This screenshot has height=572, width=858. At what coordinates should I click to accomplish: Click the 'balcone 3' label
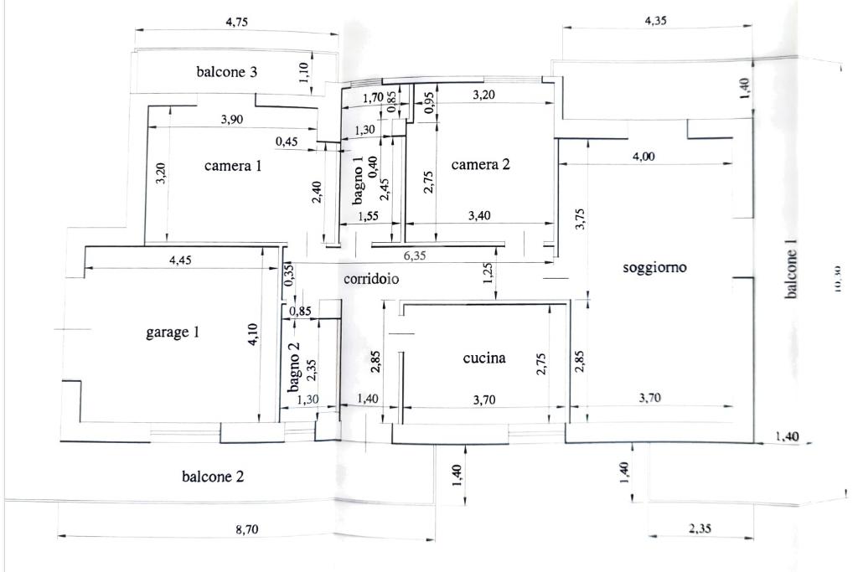(226, 72)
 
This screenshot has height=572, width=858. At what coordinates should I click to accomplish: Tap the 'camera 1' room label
(233, 166)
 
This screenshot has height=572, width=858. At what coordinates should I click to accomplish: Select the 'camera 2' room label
(480, 165)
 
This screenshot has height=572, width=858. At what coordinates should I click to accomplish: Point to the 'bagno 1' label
(359, 180)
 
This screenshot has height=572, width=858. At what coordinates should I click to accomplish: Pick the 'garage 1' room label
(173, 332)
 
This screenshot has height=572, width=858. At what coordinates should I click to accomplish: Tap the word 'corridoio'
(371, 279)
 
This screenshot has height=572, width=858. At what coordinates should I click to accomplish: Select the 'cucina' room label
(484, 358)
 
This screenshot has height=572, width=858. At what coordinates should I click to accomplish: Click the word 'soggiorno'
(655, 268)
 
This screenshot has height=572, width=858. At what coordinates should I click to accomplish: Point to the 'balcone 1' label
(792, 269)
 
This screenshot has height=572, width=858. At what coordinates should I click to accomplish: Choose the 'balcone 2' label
(213, 477)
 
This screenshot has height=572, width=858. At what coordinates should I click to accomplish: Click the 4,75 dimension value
(237, 22)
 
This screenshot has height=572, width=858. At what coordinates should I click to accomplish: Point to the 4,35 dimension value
(656, 21)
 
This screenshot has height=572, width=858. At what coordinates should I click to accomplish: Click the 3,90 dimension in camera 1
(232, 120)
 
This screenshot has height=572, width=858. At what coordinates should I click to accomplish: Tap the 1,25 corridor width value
(488, 274)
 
